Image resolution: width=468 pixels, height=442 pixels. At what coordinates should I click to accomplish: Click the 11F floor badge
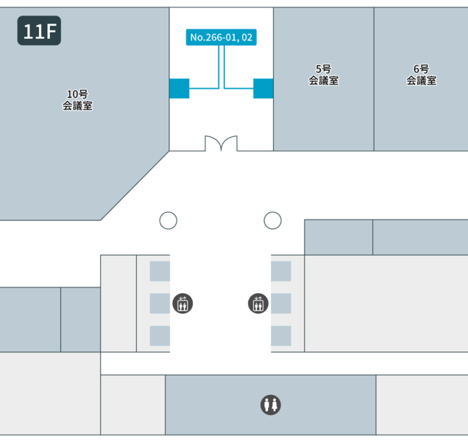point(39,31)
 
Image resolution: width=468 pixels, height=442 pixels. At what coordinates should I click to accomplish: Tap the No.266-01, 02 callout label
point(222,37)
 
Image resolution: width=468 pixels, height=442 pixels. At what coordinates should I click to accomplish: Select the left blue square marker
point(179,88)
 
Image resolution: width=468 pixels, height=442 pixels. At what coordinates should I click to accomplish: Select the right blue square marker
point(263,88)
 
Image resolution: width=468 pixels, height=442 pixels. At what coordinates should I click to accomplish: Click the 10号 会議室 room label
point(77,99)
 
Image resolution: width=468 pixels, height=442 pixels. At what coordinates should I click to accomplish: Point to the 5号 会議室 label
point(323,75)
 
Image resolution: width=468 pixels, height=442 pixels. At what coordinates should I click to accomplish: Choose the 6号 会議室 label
point(421,75)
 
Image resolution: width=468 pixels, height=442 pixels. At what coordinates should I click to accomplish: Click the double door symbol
point(221,143)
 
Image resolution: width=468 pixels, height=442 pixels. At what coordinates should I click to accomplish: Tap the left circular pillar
point(169,220)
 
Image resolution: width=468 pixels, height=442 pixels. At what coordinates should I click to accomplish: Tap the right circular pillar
point(273,220)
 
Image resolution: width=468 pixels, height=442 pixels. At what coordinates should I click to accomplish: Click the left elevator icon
point(182,303)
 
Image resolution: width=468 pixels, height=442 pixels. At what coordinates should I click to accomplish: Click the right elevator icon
point(258,303)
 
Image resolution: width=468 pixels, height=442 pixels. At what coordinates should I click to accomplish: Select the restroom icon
point(270,404)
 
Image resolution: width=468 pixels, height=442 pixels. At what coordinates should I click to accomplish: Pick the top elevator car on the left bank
point(160,271)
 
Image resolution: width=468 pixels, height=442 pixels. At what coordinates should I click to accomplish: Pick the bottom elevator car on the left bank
point(160,336)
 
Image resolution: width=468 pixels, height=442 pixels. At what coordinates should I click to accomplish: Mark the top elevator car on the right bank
point(281,271)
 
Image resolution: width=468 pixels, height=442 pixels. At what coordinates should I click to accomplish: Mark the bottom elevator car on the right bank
point(281,336)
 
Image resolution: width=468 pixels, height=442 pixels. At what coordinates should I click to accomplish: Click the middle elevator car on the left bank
point(160,304)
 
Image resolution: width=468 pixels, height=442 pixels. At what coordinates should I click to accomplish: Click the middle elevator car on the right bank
point(281,304)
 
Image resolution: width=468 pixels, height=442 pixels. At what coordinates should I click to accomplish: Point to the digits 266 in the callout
point(216,37)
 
